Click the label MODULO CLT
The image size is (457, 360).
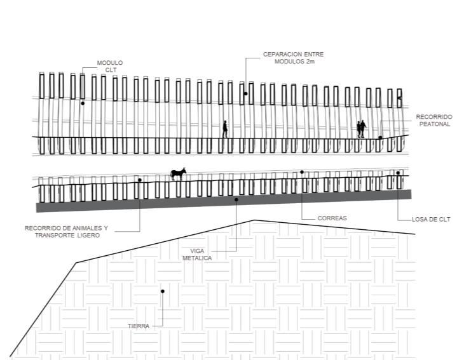(109, 66)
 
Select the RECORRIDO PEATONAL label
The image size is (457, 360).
(434, 121)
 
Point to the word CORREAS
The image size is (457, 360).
(332, 218)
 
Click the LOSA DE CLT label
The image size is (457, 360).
(431, 219)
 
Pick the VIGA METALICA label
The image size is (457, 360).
(196, 255)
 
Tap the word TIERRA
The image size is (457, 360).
(138, 326)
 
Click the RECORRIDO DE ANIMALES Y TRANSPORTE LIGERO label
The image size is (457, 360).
(67, 231)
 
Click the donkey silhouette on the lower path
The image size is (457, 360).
(178, 173)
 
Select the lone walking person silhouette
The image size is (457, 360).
(225, 129)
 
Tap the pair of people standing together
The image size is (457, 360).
(361, 129)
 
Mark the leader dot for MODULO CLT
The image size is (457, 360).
(83, 103)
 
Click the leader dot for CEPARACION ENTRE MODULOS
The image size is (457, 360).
(246, 93)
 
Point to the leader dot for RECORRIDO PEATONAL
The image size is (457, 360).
(380, 137)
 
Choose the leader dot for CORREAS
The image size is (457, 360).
(302, 171)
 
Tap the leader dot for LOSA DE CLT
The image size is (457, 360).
(398, 173)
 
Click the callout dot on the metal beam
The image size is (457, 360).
(236, 199)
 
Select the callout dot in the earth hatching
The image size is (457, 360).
(163, 291)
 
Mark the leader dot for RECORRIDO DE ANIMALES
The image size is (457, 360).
(139, 180)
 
